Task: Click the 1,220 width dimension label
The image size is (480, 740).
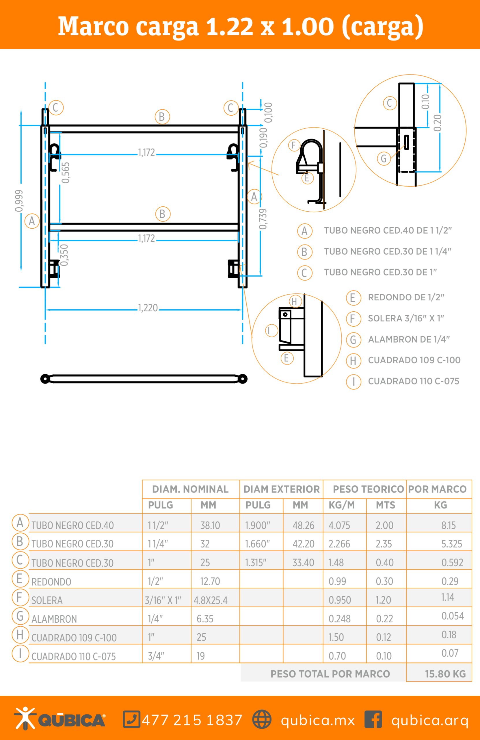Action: click(x=148, y=308)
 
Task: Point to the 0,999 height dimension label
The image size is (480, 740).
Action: click(x=19, y=201)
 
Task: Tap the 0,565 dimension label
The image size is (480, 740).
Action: click(x=65, y=173)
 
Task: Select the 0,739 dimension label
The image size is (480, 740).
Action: click(x=263, y=219)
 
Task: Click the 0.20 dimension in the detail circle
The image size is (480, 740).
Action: click(x=437, y=123)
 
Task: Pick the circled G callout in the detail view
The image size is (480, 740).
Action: click(x=384, y=159)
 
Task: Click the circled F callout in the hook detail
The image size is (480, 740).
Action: click(x=294, y=145)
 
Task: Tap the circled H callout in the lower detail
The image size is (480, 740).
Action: click(x=295, y=301)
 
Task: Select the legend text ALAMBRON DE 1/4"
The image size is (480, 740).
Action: click(x=409, y=339)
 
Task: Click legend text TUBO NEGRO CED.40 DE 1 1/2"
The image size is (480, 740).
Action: click(x=388, y=230)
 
